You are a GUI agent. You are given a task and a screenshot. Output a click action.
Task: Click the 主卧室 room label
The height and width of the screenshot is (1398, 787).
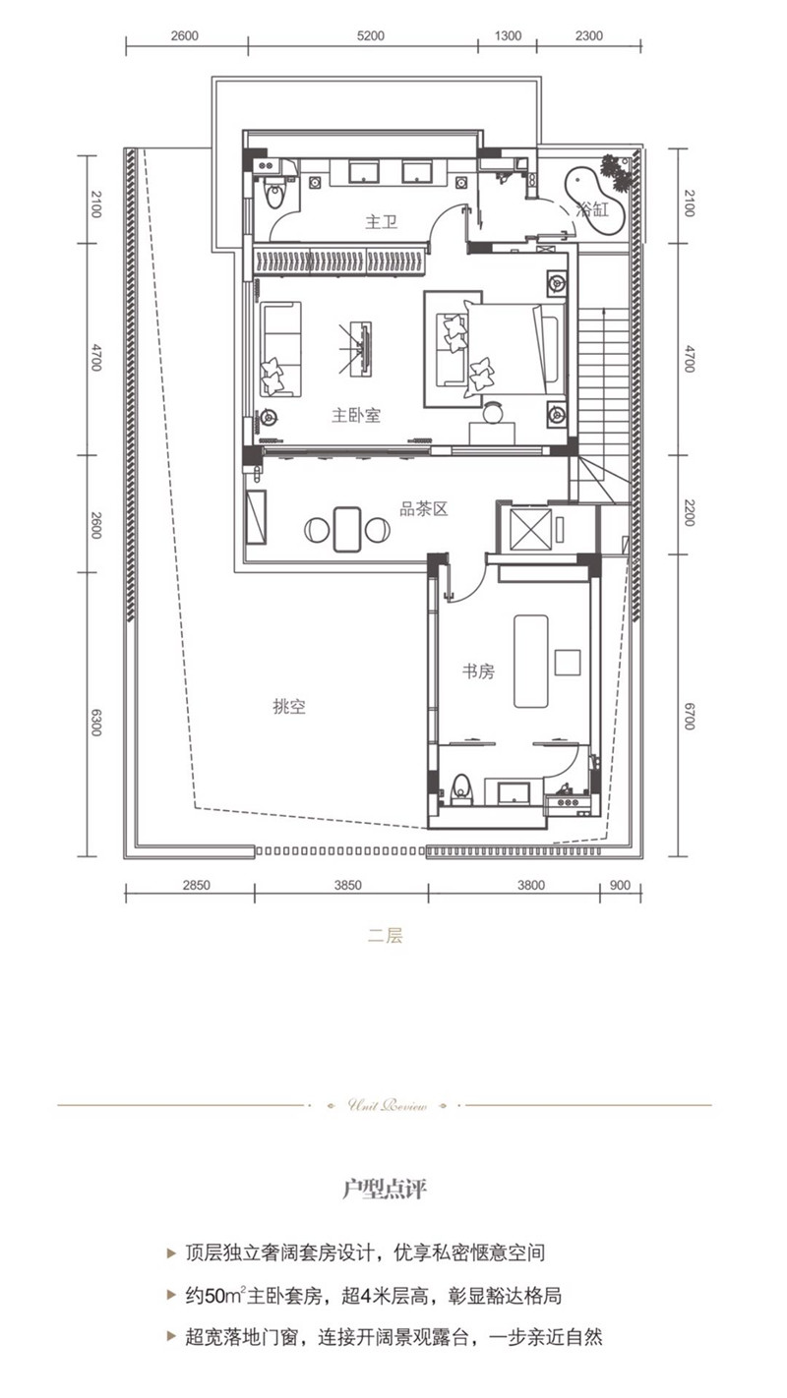tap(355, 416)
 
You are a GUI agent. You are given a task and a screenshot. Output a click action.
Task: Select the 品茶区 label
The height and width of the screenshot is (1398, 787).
tap(423, 509)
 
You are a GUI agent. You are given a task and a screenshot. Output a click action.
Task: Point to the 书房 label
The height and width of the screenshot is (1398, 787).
tap(478, 671)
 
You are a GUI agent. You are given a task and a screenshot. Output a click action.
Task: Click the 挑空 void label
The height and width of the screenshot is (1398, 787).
tap(289, 706)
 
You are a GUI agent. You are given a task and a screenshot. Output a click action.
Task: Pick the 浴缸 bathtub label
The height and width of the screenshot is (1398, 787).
tap(594, 208)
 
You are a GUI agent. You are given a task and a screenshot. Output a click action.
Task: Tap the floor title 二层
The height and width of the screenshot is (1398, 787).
tap(386, 936)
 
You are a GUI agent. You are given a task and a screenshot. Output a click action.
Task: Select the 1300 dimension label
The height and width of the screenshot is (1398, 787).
tap(508, 35)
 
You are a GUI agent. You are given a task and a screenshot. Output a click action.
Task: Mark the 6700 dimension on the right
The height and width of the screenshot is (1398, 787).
tap(689, 717)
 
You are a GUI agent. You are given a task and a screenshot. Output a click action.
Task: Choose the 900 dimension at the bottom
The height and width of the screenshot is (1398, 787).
tap(620, 885)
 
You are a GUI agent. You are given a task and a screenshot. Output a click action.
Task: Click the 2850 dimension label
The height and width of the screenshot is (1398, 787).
tap(197, 885)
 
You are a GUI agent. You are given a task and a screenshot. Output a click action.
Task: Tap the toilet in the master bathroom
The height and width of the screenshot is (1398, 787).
tap(275, 194)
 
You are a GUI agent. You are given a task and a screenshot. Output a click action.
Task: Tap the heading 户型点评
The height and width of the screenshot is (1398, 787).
tap(385, 1190)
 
